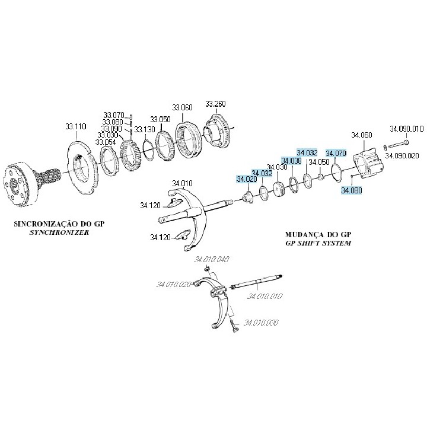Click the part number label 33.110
pyautogui.click(x=76, y=126)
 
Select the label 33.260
pyautogui.click(x=215, y=104)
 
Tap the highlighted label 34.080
pyautogui.click(x=351, y=190)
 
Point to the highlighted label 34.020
pyautogui.click(x=247, y=179)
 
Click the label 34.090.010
pyautogui.click(x=406, y=129)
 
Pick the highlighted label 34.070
pyautogui.click(x=336, y=152)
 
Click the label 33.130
pyautogui.click(x=144, y=129)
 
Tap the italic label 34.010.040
pyautogui.click(x=212, y=259)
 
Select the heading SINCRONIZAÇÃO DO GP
pyautogui.click(x=54, y=225)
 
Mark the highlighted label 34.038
pyautogui.click(x=291, y=161)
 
